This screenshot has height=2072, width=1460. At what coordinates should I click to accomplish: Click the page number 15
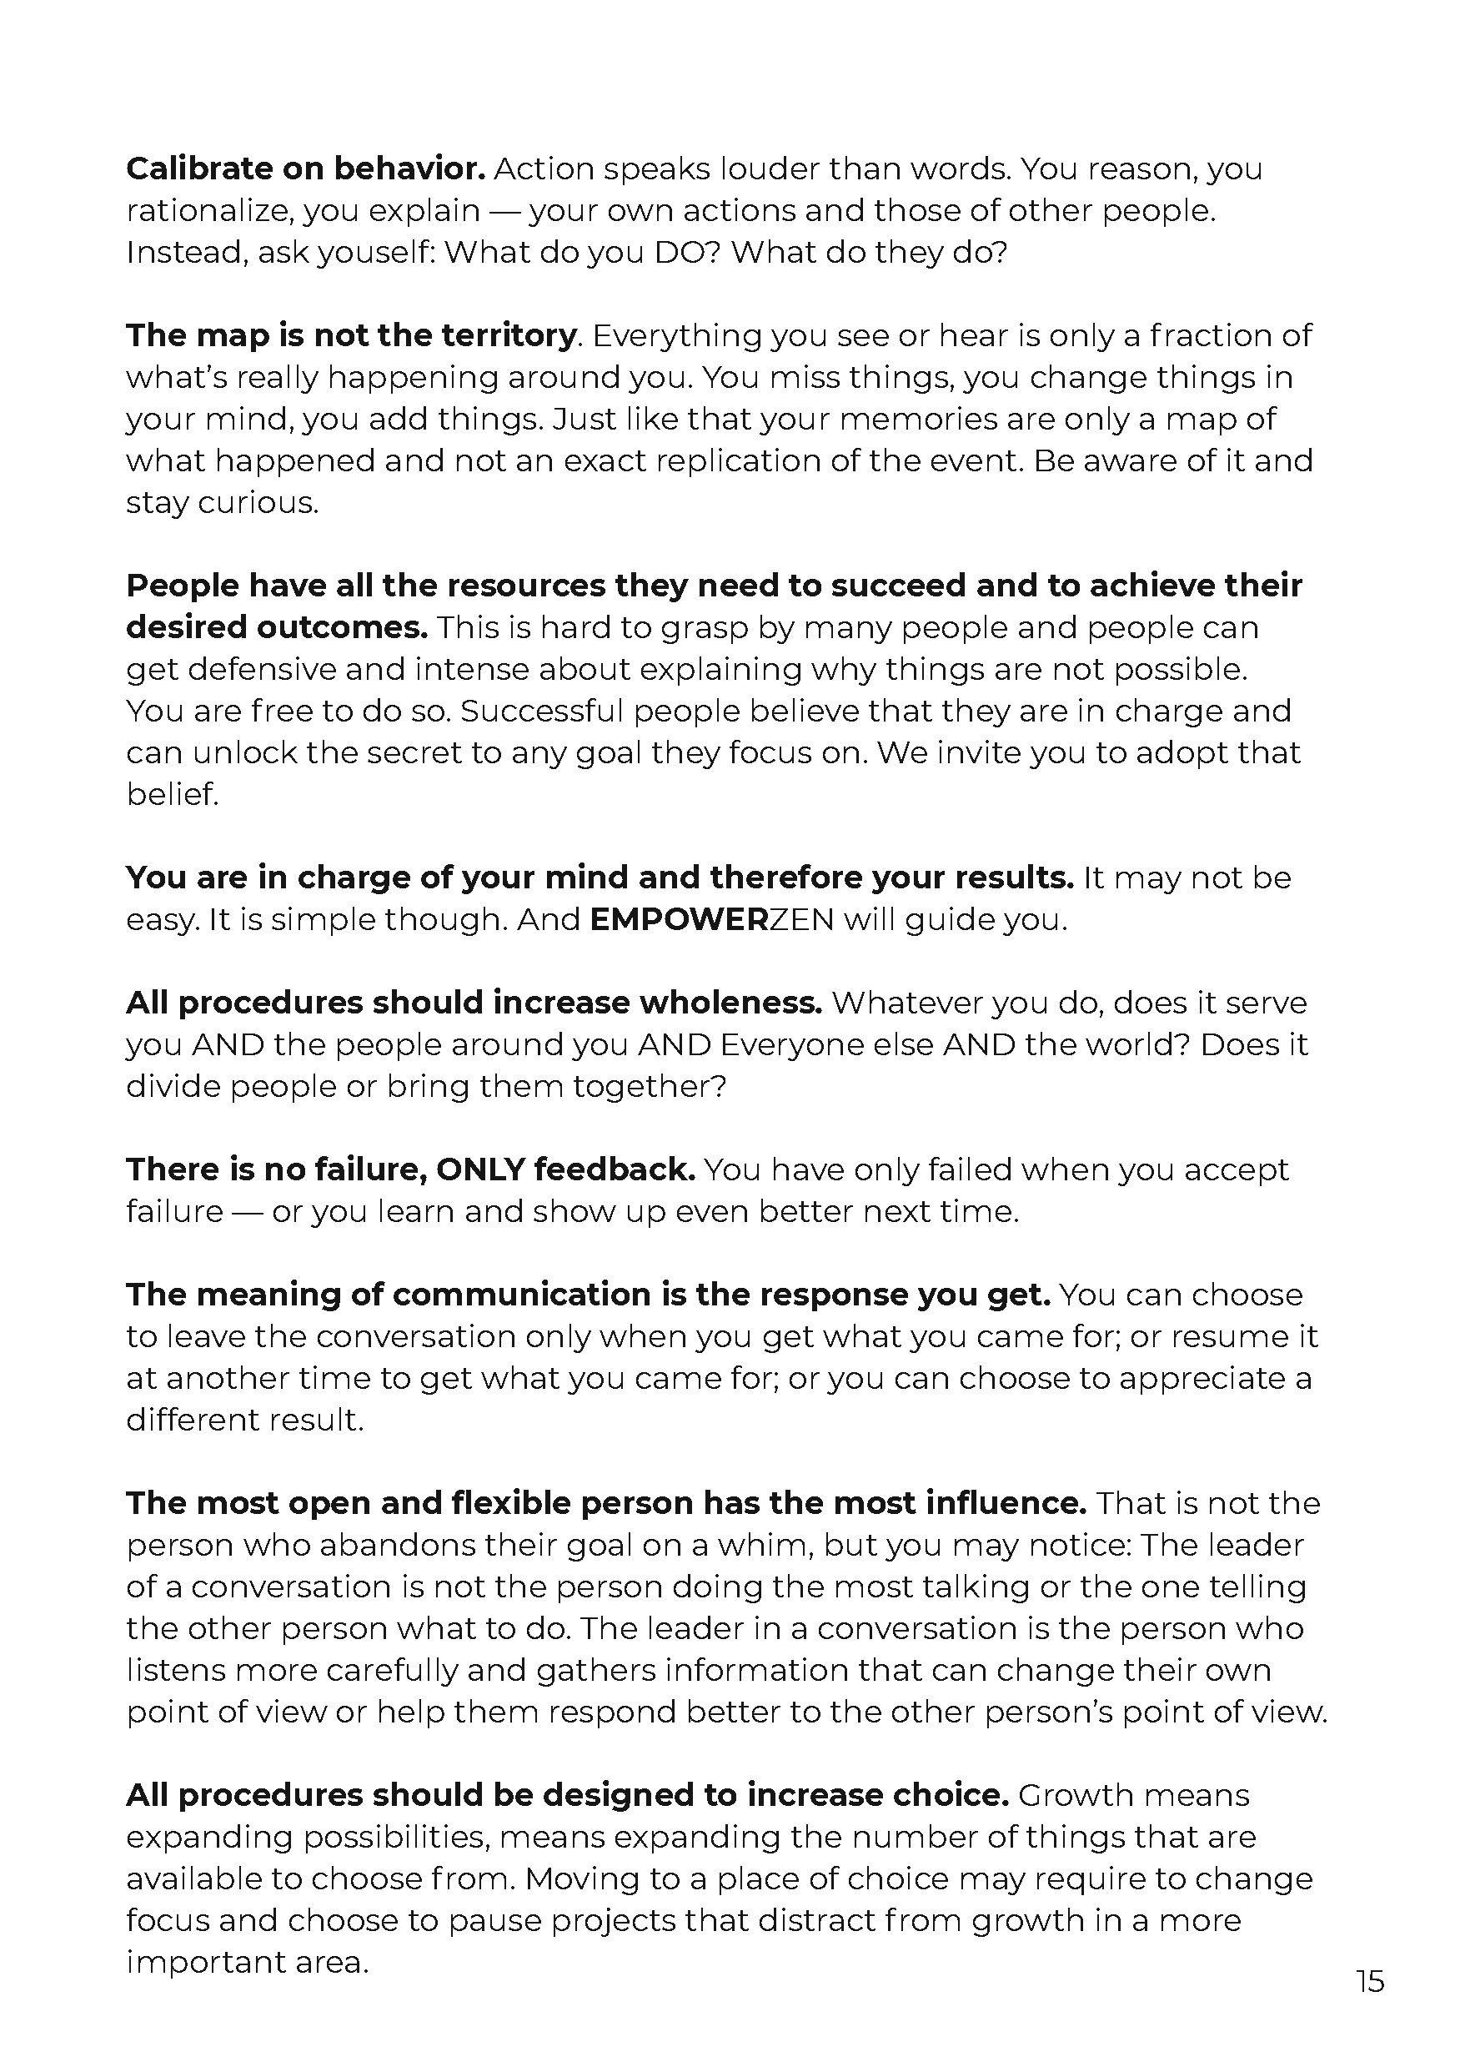click(1369, 1981)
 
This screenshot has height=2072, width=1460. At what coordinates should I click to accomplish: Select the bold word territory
click(508, 335)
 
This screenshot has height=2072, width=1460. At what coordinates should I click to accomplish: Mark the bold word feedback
click(614, 1169)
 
